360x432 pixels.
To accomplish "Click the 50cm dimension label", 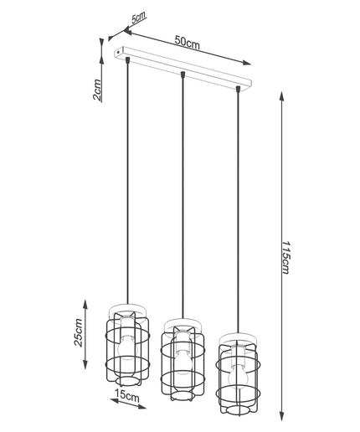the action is click(188, 43).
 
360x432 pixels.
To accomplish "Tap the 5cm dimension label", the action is click(139, 18).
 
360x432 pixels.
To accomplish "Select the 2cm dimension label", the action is click(97, 90).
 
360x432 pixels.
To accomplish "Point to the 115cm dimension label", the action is click(285, 257).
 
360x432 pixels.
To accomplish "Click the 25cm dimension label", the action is click(79, 332).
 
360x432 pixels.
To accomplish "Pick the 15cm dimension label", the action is click(127, 397).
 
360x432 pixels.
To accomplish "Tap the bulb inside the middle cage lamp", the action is click(183, 363).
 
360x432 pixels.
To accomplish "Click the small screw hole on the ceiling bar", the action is click(118, 52).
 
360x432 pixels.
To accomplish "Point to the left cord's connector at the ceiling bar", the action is click(127, 59).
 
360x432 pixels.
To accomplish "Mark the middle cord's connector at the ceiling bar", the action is click(183, 75).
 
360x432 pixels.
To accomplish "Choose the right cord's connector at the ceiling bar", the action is click(238, 89).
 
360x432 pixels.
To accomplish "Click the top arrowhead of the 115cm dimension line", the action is click(282, 97).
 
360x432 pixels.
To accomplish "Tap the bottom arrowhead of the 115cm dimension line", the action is click(282, 416).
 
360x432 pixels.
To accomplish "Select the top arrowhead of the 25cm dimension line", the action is click(85, 305).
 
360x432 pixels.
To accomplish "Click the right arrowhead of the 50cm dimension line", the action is click(246, 63).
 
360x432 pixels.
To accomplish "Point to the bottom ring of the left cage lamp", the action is click(127, 381).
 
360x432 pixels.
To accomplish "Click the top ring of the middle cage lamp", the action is click(183, 324).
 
